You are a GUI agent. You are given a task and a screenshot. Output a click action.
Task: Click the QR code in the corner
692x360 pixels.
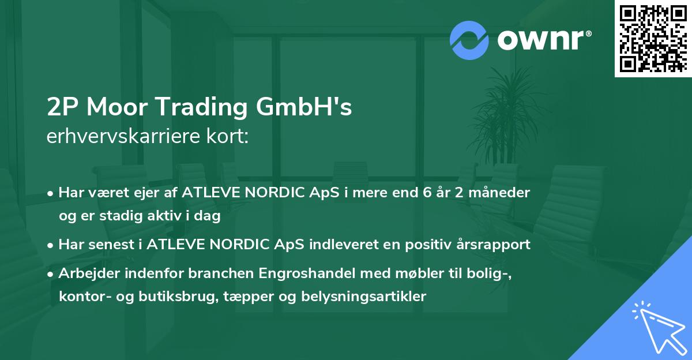(653, 38)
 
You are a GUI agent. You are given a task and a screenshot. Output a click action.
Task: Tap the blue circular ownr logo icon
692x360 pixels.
(469, 40)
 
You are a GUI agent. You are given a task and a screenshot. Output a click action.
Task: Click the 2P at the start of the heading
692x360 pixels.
(63, 107)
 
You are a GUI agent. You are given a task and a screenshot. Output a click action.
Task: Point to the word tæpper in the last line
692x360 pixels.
(253, 297)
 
